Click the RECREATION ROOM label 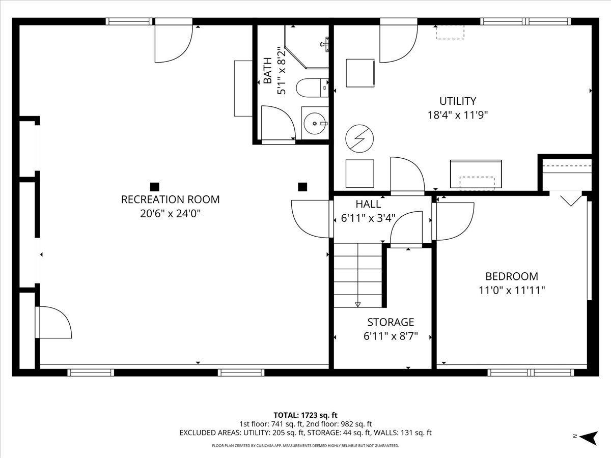170,199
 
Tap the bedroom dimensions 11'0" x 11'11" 511,291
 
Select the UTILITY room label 458,101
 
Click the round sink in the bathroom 315,123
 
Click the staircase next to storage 358,275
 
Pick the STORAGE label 391,322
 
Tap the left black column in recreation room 155,187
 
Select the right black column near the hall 302,187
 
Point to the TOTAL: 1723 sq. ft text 305,415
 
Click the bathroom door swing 277,122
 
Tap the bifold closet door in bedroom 571,199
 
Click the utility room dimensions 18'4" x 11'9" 458,115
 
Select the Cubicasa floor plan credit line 305,446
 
